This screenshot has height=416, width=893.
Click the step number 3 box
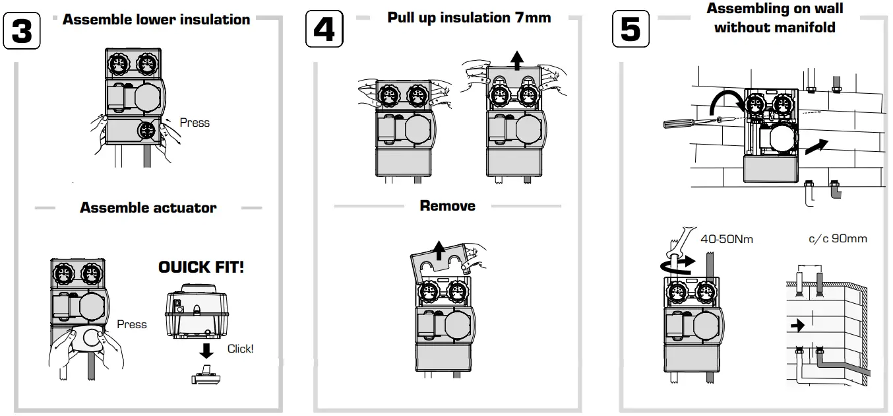22,31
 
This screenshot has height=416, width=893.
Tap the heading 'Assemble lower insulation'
156,20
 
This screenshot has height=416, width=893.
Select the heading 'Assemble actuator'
148,207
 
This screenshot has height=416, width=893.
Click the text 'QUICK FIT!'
201,267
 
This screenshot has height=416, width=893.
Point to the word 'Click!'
240,349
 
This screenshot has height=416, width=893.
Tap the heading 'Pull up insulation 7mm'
469,18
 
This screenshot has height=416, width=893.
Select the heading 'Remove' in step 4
447,206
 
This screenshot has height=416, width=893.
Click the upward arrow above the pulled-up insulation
518,61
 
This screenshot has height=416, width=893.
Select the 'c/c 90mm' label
838,238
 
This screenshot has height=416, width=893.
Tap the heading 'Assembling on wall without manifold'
774,18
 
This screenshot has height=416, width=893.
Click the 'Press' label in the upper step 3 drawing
195,123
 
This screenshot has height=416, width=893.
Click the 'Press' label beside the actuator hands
132,324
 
